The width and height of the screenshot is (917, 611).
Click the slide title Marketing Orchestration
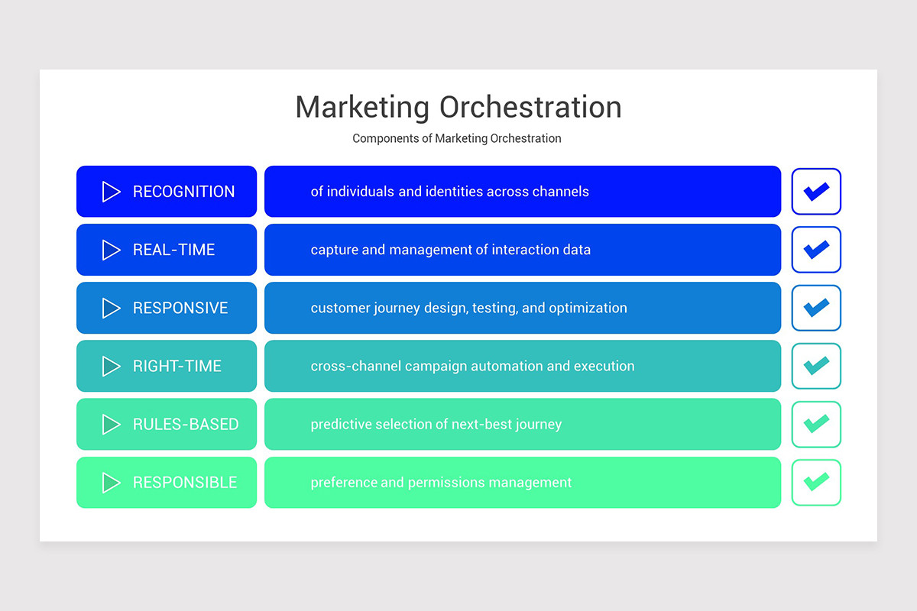[x=458, y=107]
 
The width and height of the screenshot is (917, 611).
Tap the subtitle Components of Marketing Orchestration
[x=457, y=138]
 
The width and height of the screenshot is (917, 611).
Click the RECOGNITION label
[x=183, y=192]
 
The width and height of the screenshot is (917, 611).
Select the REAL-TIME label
[x=173, y=250]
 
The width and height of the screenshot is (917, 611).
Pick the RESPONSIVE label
[x=180, y=308]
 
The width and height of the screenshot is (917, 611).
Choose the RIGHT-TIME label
[x=177, y=366]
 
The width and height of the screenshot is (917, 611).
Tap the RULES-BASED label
[x=186, y=425]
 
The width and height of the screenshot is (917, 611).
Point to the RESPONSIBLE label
[x=185, y=483]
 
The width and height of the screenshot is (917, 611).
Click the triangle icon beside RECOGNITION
[x=112, y=192]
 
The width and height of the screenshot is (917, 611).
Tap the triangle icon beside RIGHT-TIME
[x=112, y=367]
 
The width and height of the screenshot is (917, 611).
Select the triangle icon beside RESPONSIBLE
[x=112, y=483]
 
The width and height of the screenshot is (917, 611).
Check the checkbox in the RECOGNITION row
[x=816, y=192]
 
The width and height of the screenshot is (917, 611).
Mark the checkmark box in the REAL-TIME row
[x=816, y=250]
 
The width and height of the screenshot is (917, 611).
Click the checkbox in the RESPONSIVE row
[x=816, y=308]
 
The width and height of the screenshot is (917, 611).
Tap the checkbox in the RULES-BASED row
[x=816, y=425]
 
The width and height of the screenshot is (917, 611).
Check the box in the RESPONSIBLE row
[x=816, y=483]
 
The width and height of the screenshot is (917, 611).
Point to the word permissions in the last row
[x=446, y=483]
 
